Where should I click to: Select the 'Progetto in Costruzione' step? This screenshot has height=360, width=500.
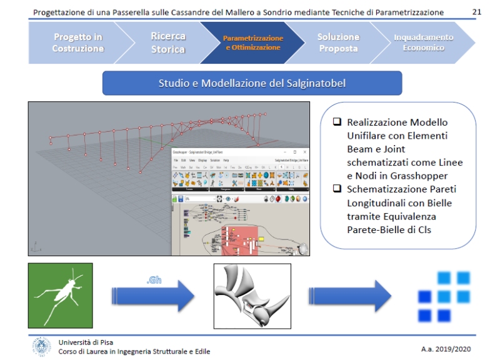pyautogui.click(x=77, y=42)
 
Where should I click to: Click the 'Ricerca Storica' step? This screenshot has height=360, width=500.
pyautogui.click(x=168, y=42)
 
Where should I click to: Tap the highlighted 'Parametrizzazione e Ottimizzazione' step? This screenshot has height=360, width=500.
pyautogui.click(x=252, y=42)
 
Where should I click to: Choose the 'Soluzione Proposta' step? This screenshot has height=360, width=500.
pyautogui.click(x=338, y=42)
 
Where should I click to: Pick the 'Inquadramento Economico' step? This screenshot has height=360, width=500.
pyautogui.click(x=423, y=42)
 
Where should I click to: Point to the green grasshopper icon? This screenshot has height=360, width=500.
pyautogui.click(x=60, y=295)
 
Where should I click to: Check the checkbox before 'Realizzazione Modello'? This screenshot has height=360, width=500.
pyautogui.click(x=337, y=122)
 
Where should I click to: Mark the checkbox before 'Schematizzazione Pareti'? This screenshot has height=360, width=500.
pyautogui.click(x=337, y=189)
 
